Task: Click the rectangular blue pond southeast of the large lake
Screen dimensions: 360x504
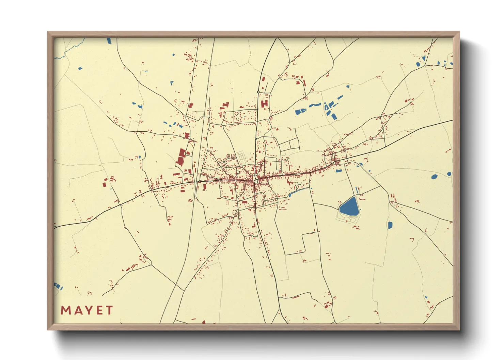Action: coord(390,225)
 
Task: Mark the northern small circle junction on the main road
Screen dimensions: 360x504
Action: coord(258,92)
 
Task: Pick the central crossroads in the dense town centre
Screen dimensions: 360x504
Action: coord(255,178)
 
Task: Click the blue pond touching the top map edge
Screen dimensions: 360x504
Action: coord(109,40)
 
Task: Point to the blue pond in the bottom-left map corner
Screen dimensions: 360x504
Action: coord(58,286)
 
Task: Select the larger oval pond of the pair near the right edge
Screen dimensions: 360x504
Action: coord(434,177)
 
